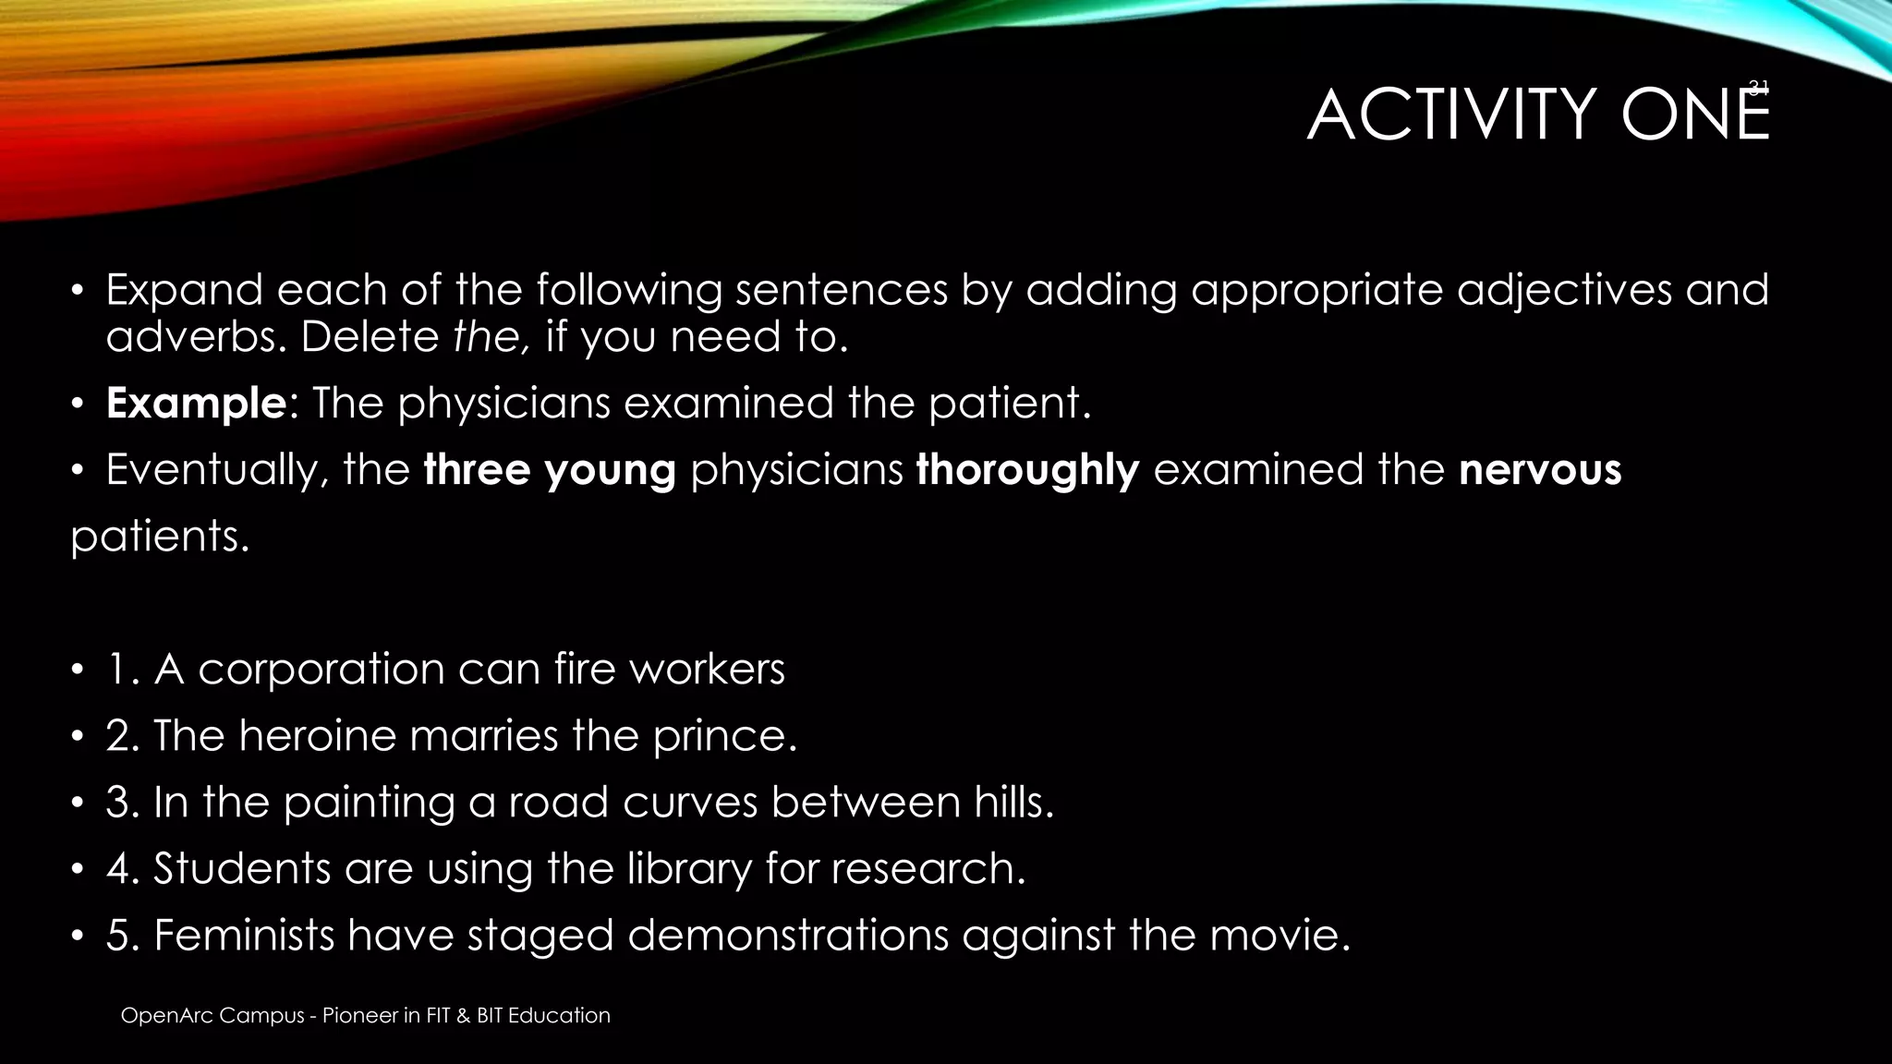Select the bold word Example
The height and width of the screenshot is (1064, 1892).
pos(195,404)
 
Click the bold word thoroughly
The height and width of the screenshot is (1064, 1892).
pos(1027,470)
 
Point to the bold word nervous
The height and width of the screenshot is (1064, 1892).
pos(1540,470)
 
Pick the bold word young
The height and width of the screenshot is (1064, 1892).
pos(611,470)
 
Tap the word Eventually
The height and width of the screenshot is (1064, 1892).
pos(217,470)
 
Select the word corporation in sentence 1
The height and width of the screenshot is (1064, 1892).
pos(321,669)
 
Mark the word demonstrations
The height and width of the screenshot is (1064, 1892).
pos(787,935)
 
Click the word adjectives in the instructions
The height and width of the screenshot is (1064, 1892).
pos(1564,290)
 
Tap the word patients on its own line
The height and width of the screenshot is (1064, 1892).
pos(160,537)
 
